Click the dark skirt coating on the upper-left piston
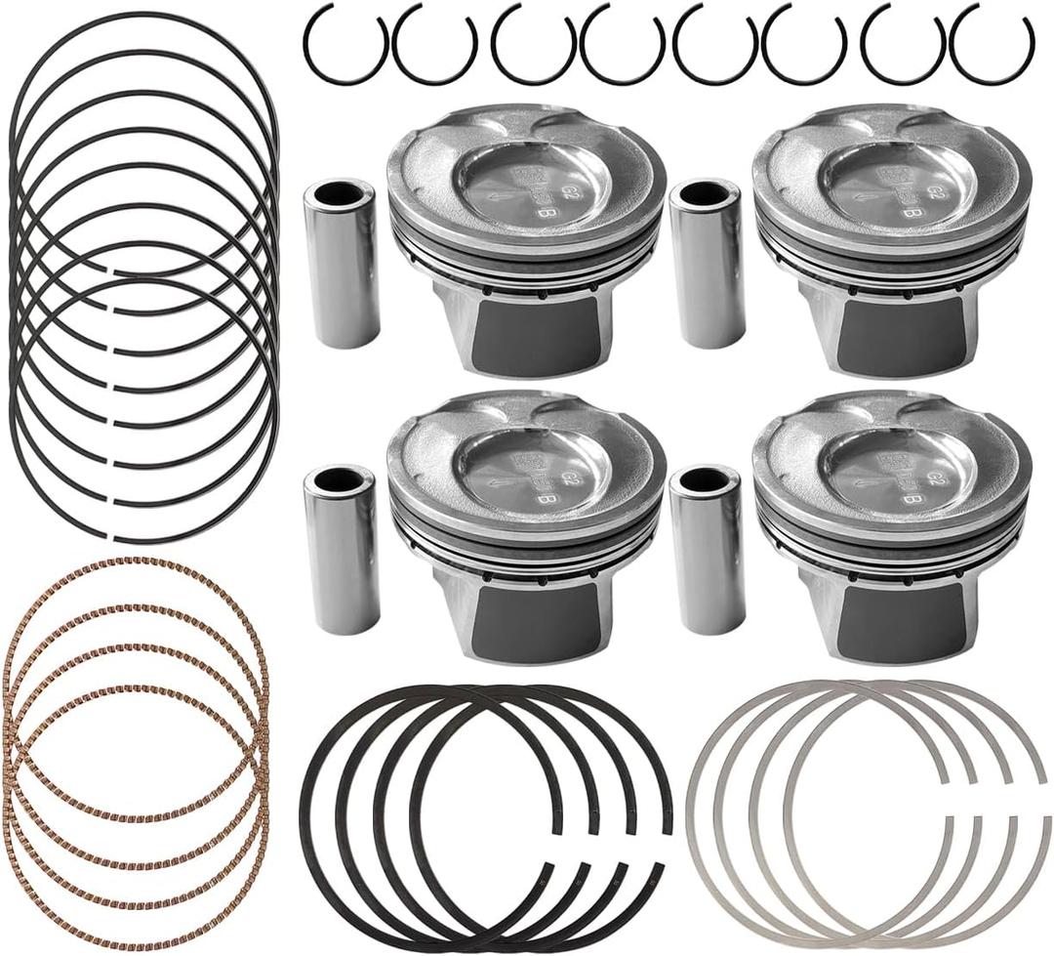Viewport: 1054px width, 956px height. point(535,338)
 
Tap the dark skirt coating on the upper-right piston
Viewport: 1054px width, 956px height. point(904,338)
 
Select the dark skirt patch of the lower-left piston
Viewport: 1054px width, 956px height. point(535,623)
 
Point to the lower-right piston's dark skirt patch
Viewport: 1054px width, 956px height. point(904,623)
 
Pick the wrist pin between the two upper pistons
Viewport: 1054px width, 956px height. point(707,264)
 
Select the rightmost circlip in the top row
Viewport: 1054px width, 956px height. point(992,43)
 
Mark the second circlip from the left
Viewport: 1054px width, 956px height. point(435,43)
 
